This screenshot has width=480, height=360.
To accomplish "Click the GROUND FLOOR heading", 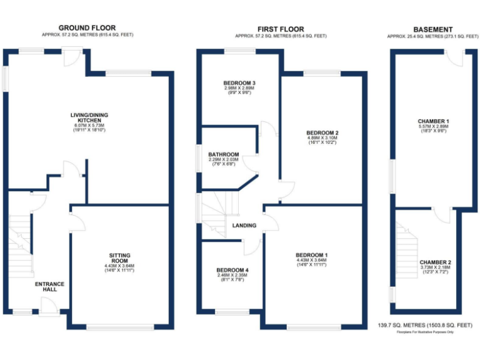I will tap(87, 27).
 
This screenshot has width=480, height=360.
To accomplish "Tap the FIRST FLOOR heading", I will tap(280, 29).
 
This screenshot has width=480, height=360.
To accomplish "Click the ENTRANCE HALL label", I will tap(49, 286).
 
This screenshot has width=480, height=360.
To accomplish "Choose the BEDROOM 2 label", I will tap(322, 133).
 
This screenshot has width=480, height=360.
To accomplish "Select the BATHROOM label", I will tap(223, 154).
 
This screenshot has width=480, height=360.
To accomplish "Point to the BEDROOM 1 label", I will tap(311, 256).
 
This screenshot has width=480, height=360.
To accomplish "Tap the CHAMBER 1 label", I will tap(433, 121).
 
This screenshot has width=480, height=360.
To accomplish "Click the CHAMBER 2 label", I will tap(435, 262).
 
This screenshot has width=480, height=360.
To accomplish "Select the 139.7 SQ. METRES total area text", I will tap(425, 325).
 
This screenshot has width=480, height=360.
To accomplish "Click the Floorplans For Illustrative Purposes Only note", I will tap(425, 332).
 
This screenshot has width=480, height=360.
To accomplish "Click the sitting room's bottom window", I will tap(121, 327).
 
